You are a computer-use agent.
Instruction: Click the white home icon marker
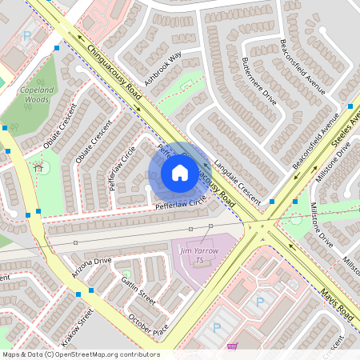tap(179, 172)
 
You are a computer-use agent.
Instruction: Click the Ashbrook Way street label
tap(163, 69)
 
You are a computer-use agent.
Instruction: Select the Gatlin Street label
tap(138, 286)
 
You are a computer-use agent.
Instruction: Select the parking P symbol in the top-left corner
tap(27, 36)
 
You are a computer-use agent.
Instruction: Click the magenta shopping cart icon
tap(232, 346)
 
